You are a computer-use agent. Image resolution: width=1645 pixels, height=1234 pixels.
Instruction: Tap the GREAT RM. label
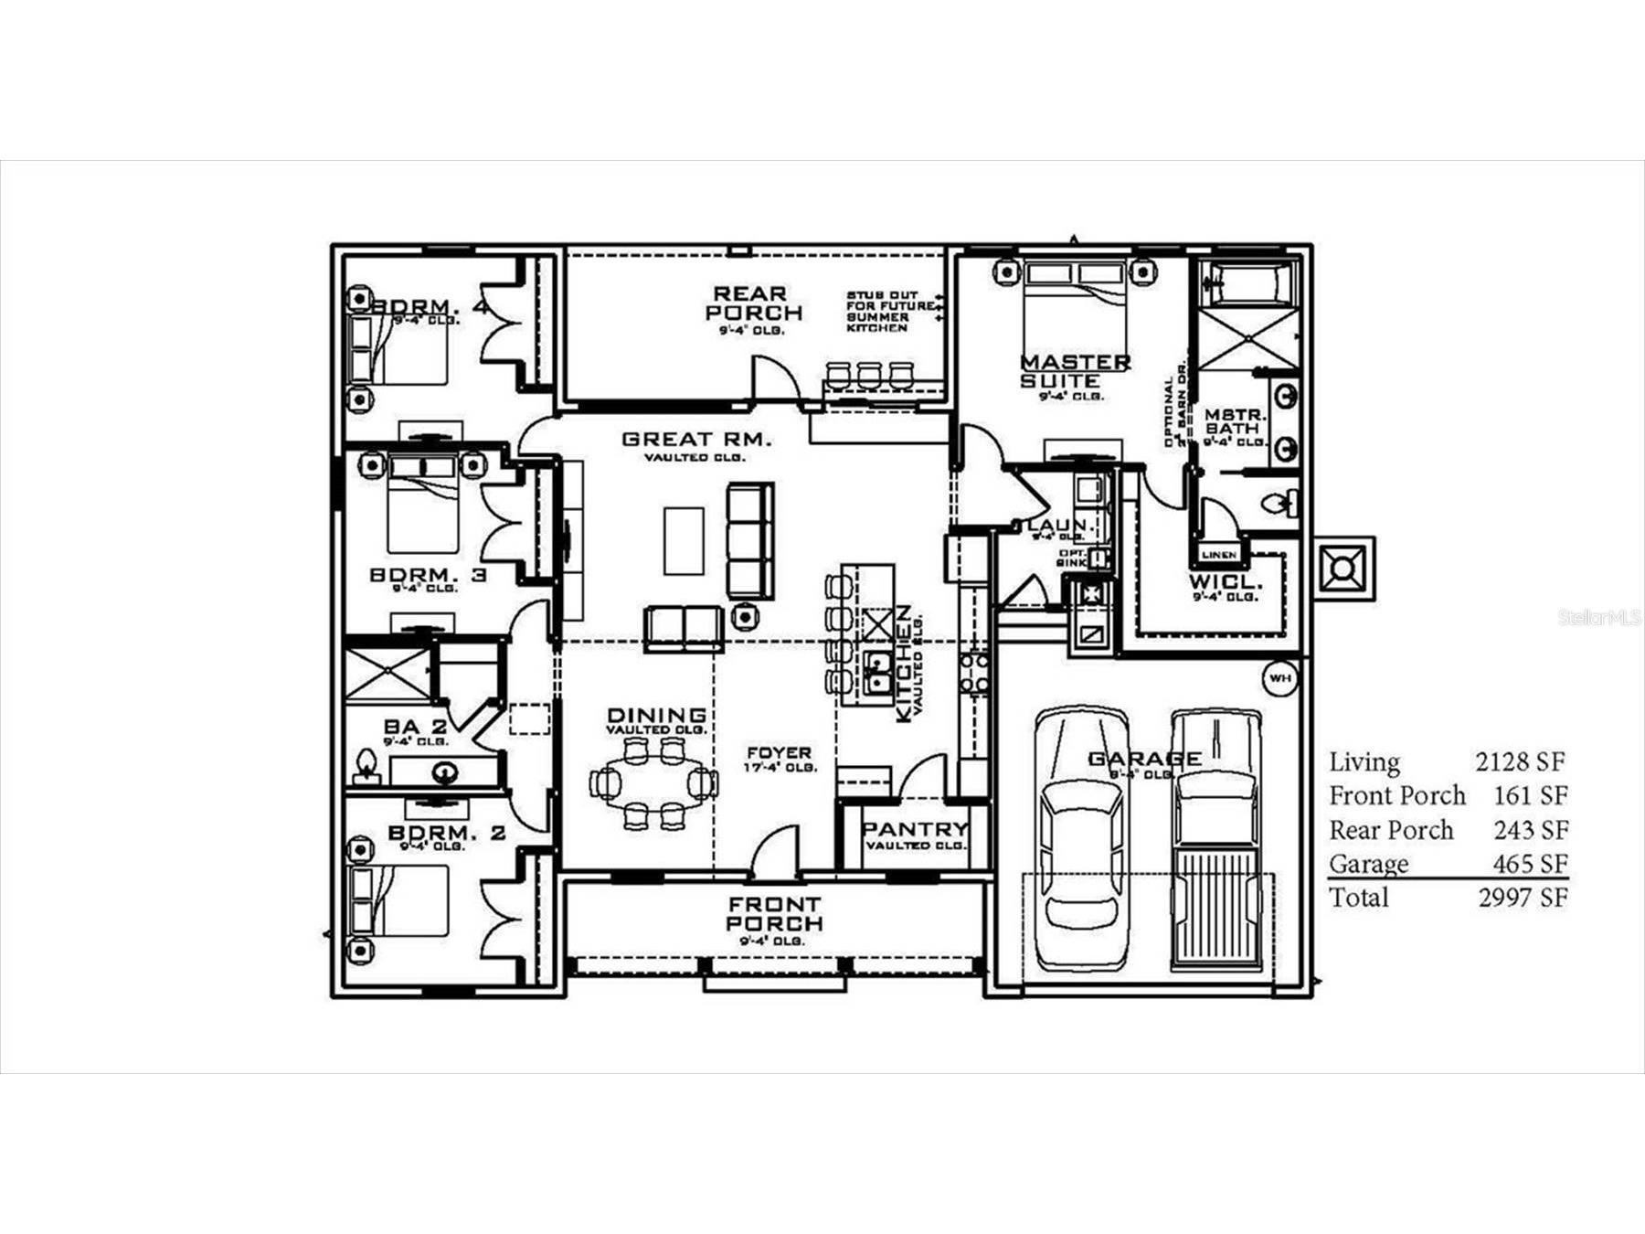pyautogui.click(x=696, y=440)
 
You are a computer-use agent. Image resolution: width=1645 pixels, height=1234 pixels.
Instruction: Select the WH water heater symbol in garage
pyautogui.click(x=1279, y=678)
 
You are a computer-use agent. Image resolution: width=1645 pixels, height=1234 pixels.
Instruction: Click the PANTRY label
pyautogui.click(x=915, y=829)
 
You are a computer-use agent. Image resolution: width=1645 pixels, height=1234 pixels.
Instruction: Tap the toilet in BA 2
pyautogui.click(x=366, y=766)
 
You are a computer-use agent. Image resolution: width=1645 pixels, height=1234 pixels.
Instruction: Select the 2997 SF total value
pyautogui.click(x=1523, y=898)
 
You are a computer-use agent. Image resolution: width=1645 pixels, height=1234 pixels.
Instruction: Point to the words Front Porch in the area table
pyautogui.click(x=1396, y=796)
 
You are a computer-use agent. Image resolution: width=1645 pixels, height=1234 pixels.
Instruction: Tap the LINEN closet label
pyautogui.click(x=1219, y=555)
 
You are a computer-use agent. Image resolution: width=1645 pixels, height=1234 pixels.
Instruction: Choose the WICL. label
pyautogui.click(x=1225, y=582)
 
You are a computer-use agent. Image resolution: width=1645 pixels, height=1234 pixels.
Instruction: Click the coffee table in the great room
pyautogui.click(x=684, y=540)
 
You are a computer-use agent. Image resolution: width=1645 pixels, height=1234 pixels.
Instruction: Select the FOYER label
pyautogui.click(x=779, y=753)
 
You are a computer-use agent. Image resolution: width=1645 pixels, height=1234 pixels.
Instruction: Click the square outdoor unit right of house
pyautogui.click(x=1343, y=569)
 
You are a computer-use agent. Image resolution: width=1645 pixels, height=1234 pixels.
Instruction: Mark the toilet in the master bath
pyautogui.click(x=1276, y=503)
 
